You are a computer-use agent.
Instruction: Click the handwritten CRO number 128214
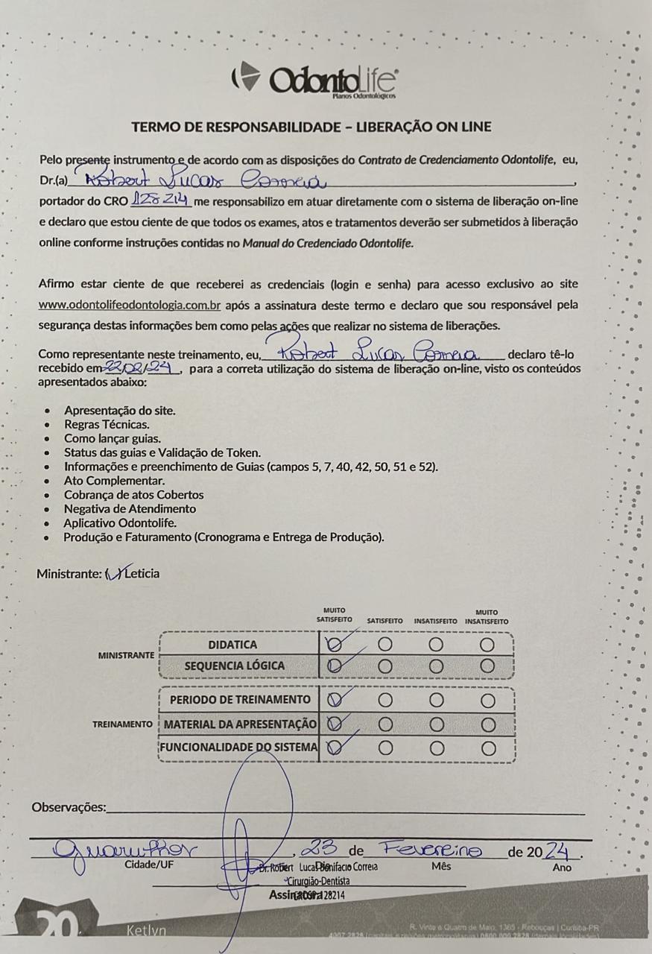pos(162,201)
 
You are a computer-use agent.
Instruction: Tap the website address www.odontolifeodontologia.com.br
pos(129,305)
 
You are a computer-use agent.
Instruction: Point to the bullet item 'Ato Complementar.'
pos(114,481)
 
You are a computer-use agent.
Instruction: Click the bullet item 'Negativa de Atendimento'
pos(130,509)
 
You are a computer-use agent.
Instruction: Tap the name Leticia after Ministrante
pos(142,573)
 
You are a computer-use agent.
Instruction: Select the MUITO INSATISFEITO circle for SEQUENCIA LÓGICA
pos(487,666)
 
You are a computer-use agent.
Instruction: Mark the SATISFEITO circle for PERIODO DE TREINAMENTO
pos(385,700)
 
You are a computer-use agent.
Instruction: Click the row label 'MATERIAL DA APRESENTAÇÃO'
pos(241,724)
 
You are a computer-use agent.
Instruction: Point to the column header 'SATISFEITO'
pos(385,621)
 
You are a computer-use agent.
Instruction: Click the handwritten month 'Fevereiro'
pos(429,849)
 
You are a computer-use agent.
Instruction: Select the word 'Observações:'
pos(69,807)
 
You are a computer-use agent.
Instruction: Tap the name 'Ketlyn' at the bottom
pos(145,932)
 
